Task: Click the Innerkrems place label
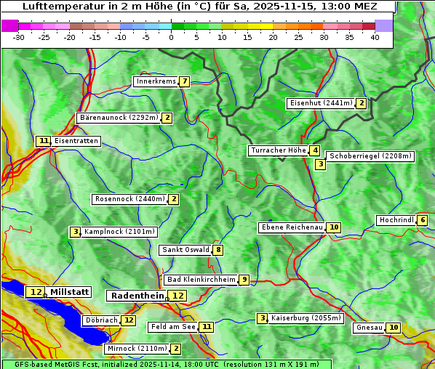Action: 156,81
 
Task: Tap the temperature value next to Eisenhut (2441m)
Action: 362,103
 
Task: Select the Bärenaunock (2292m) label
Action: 119,118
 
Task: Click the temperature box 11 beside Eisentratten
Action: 44,141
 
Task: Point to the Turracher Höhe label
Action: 278,151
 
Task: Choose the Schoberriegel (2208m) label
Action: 370,156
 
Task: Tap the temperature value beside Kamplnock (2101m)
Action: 75,232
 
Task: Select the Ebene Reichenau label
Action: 292,227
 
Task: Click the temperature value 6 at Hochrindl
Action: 423,220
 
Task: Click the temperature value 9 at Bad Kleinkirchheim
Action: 244,280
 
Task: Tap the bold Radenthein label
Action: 137,296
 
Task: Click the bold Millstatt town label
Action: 69,292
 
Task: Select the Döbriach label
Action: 101,320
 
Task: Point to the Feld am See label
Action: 173,327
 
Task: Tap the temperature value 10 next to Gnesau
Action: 394,328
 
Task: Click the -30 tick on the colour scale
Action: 19,37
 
